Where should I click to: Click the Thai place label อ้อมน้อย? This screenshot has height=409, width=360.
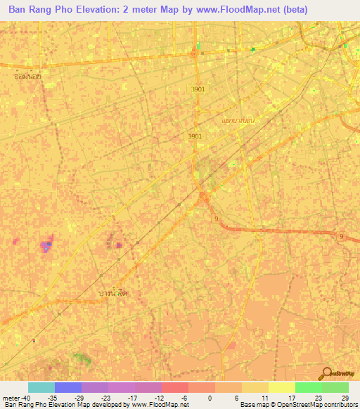tap(27, 74)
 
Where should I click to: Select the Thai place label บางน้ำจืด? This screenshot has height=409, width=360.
tap(115, 291)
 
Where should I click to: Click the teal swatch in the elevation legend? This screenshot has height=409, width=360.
tap(41, 387)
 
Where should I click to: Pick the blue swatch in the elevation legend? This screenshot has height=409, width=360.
tap(68, 387)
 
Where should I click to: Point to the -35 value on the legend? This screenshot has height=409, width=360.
tap(51, 398)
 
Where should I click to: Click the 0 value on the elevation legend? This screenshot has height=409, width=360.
tap(210, 398)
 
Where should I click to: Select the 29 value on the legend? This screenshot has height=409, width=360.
tap(344, 398)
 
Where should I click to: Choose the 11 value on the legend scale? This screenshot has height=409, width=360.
tap(264, 398)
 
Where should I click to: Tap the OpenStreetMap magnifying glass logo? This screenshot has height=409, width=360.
tap(326, 373)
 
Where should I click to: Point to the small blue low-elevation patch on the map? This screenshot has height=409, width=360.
tap(46, 247)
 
